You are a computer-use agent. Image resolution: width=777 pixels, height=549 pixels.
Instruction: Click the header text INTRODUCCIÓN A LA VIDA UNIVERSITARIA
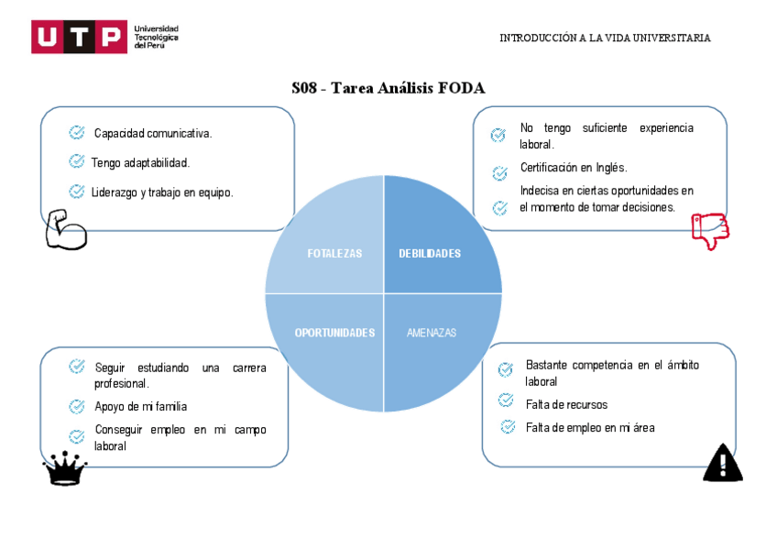click(605, 38)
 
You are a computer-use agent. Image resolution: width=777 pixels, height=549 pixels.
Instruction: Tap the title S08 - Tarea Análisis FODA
click(388, 88)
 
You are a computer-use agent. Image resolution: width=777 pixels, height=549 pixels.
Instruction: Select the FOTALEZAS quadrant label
click(334, 254)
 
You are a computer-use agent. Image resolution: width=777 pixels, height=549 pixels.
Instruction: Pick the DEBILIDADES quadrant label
click(430, 254)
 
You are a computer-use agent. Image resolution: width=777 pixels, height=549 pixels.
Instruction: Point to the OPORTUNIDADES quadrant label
click(334, 333)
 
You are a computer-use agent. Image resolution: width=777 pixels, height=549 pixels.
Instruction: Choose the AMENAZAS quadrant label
click(431, 333)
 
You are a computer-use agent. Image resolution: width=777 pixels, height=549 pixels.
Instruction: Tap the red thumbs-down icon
click(709, 231)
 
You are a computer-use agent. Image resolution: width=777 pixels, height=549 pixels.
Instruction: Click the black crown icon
click(65, 469)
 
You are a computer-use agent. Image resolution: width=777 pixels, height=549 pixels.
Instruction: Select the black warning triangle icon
click(722, 463)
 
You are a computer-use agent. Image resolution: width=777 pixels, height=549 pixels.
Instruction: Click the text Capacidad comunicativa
click(153, 134)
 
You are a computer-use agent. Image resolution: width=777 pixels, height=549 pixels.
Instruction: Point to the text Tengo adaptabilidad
click(140, 163)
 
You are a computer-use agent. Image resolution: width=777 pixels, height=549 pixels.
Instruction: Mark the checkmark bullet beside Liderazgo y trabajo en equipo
click(77, 192)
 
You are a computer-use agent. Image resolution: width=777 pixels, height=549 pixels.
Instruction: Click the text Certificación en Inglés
click(574, 168)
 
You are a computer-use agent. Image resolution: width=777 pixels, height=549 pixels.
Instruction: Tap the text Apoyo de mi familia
click(140, 406)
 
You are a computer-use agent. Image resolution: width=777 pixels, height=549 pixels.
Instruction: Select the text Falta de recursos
click(566, 404)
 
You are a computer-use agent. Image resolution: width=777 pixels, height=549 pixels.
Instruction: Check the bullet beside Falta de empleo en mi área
click(508, 426)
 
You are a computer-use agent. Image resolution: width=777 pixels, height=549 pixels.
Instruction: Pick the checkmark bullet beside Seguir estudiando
click(77, 367)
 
